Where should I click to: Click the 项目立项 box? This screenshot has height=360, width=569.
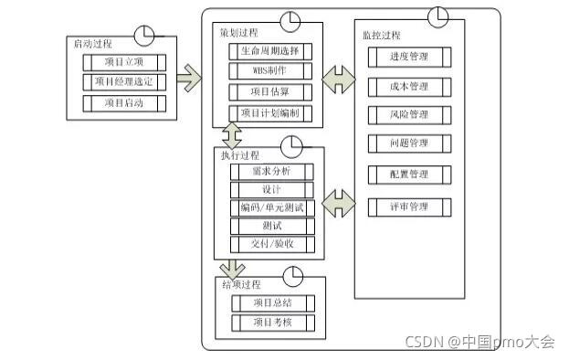[x=124, y=62]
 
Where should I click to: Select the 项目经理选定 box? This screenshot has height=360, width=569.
[x=124, y=82]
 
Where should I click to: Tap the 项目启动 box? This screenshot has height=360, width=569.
[x=124, y=102]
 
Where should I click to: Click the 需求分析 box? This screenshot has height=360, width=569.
[x=271, y=172]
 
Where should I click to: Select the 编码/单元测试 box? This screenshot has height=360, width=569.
[x=271, y=207]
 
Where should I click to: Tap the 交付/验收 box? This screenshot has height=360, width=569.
[x=271, y=244]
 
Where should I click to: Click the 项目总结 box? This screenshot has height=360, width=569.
[x=271, y=302]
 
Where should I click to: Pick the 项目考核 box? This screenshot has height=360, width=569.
[x=271, y=322]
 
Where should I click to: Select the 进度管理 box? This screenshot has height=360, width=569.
[x=409, y=57]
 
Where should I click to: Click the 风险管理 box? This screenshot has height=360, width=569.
[x=409, y=115]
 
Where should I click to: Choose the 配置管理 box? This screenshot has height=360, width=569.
[x=409, y=174]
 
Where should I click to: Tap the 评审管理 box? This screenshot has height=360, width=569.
[x=409, y=207]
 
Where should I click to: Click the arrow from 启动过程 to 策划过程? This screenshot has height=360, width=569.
[x=190, y=79]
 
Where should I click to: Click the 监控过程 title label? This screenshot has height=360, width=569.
[x=381, y=36]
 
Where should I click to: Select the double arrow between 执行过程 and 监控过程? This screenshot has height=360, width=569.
[x=339, y=198]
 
